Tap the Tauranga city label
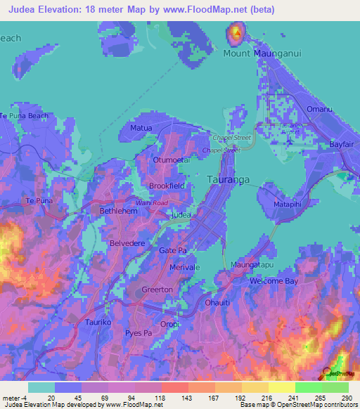(x=229, y=180)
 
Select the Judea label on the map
(x=181, y=214)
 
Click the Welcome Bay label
(x=270, y=281)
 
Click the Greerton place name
(x=157, y=290)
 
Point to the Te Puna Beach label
(x=24, y=115)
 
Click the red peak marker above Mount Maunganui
(x=236, y=32)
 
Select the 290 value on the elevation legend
(x=347, y=398)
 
